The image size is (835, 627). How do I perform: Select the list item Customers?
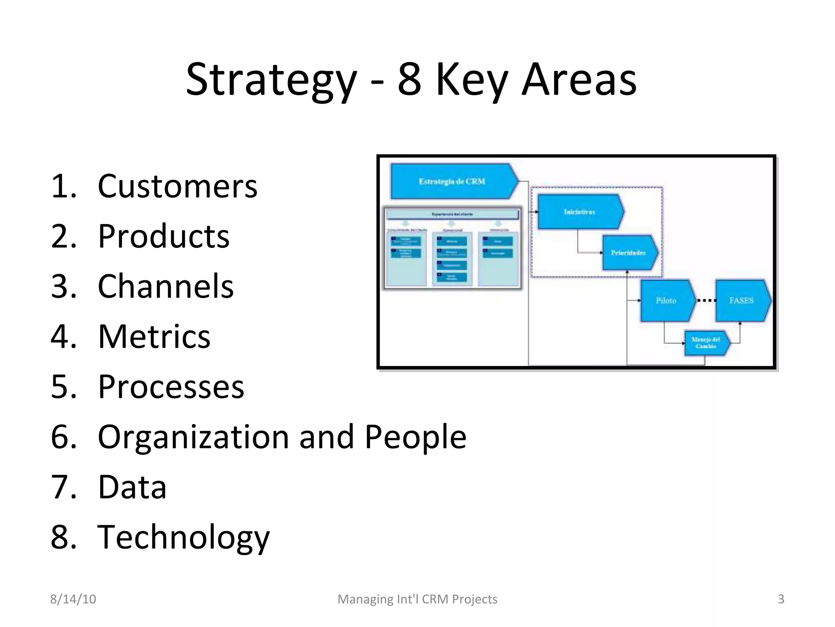coord(177,186)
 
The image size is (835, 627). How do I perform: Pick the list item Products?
coord(163,236)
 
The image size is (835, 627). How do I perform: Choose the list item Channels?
coord(166,286)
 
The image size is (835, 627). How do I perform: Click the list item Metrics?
coord(154,336)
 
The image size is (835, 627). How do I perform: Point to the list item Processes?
coord(171,387)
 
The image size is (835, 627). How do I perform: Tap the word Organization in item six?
coord(193,437)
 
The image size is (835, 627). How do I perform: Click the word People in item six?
coord(415,437)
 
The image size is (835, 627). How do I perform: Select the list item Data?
coord(132,487)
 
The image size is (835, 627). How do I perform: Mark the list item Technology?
coord(183,537)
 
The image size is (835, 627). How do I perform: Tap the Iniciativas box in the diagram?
coord(579,212)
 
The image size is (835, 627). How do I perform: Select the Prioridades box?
coord(628,253)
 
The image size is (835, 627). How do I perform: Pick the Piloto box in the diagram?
coord(666,301)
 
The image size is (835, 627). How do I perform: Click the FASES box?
coord(741,301)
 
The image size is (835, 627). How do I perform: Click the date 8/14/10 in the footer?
coord(73,599)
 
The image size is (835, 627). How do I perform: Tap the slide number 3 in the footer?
coord(781,599)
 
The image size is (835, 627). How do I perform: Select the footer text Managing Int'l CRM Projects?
coord(417,599)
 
